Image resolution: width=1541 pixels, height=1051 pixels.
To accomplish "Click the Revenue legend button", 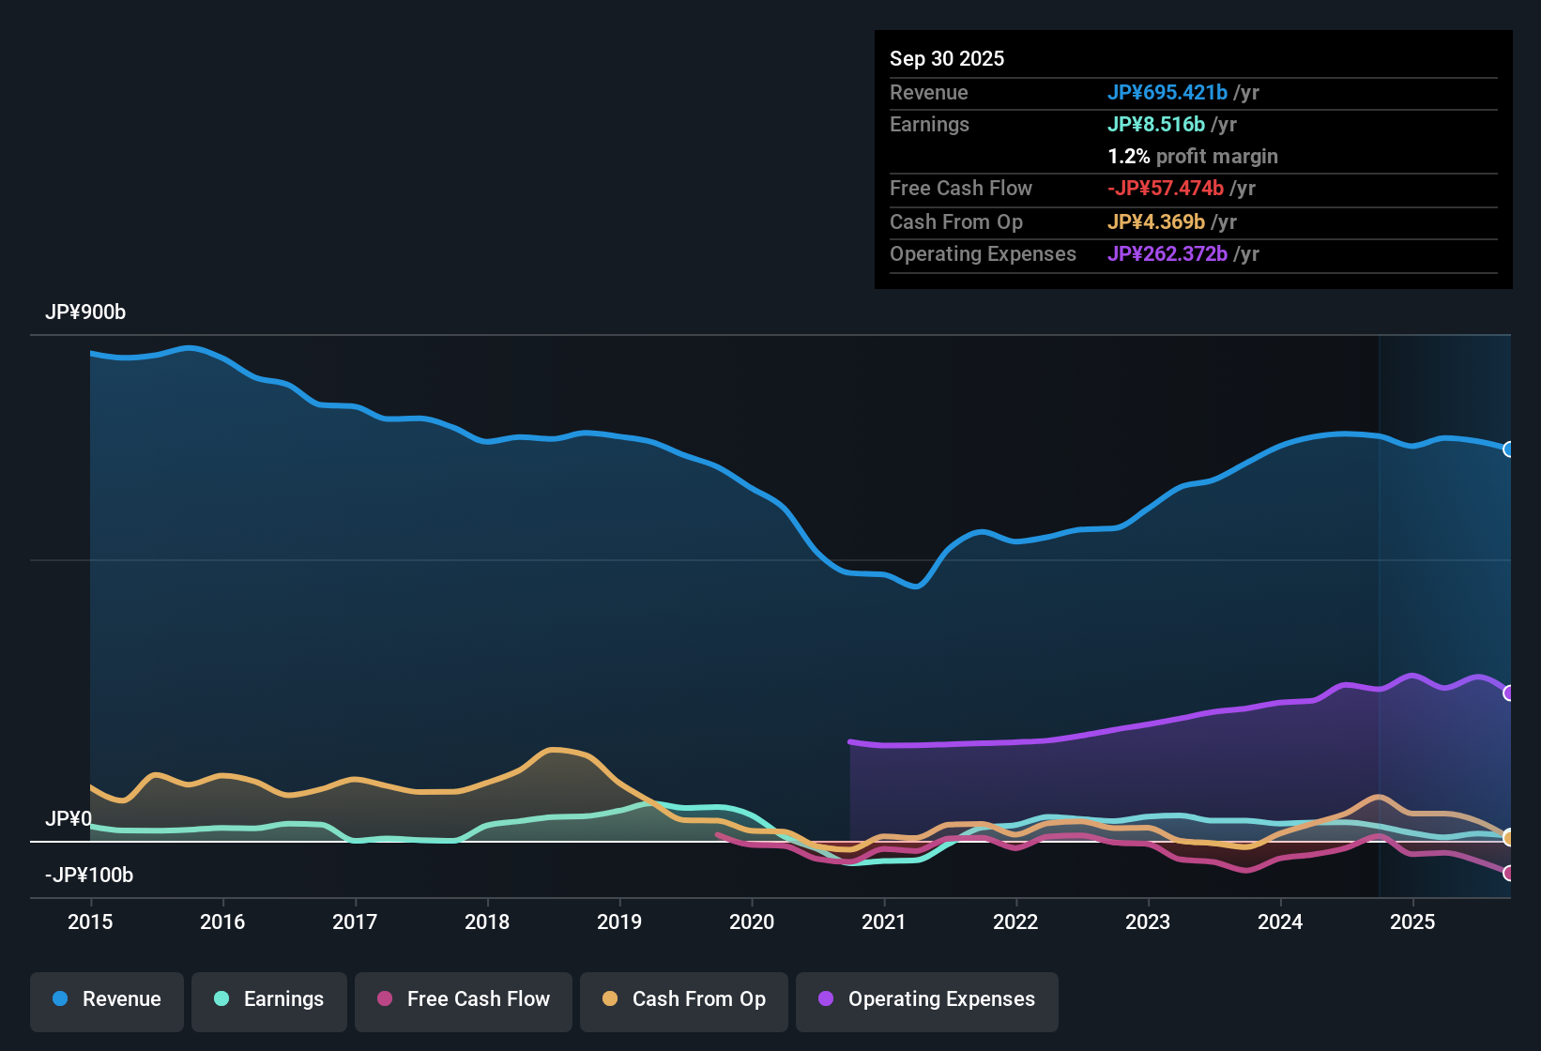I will click(x=107, y=999).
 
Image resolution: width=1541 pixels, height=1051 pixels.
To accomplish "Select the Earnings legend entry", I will click(x=269, y=999).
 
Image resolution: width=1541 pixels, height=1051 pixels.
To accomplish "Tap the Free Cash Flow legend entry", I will click(x=464, y=999).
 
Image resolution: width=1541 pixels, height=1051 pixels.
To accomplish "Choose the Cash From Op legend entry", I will click(x=684, y=999).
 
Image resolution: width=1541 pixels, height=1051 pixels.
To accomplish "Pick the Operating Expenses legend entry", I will click(x=927, y=999).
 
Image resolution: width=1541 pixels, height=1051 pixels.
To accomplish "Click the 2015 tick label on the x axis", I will click(x=90, y=922).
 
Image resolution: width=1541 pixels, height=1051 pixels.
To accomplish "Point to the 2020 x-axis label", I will click(x=752, y=922).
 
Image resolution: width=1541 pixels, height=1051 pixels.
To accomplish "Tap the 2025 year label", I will click(x=1412, y=922).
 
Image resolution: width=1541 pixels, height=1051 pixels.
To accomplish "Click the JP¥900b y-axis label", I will click(x=85, y=312).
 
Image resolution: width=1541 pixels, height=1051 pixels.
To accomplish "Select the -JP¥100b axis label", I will click(x=89, y=876).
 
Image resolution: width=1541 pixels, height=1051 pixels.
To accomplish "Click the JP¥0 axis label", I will click(x=69, y=819).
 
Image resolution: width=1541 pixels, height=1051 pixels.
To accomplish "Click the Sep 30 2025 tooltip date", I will click(x=947, y=59).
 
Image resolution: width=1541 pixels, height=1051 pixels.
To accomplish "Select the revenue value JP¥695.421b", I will click(x=1167, y=93).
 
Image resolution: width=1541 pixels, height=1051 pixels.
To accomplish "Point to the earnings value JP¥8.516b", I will click(x=1156, y=125).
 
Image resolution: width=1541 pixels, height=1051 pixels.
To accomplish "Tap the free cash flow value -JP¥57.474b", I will click(x=1166, y=189).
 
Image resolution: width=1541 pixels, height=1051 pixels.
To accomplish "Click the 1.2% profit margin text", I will click(x=1193, y=157).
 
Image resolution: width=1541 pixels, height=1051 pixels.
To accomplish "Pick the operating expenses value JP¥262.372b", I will click(x=1167, y=254).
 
